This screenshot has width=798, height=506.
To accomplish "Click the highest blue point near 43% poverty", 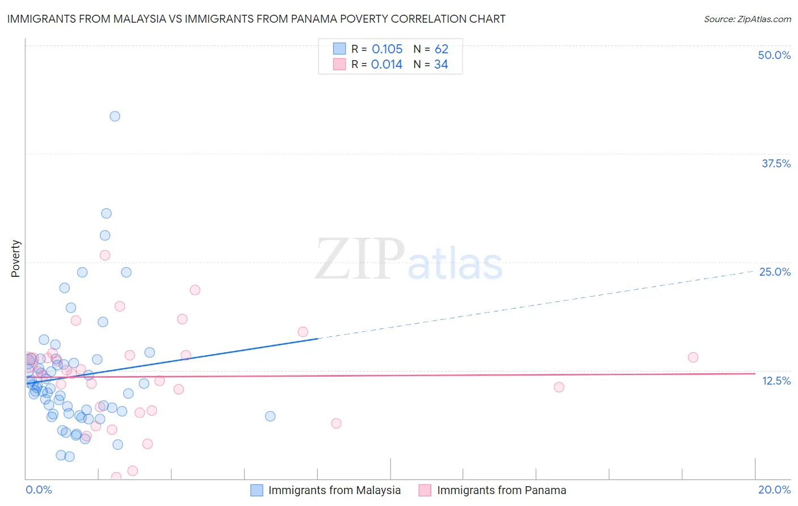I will pos(115,116).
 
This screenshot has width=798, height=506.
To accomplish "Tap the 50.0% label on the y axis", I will pos(774,55).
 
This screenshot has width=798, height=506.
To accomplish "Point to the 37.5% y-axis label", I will pos(776,163).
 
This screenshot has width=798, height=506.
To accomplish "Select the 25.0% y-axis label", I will pos(775,272).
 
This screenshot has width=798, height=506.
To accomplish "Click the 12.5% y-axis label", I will pos(776,381).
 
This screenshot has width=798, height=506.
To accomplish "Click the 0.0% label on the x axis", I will pos(39,490).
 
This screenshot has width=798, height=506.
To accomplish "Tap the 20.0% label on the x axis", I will pos(774,490).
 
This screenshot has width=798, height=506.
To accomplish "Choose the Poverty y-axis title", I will pos(15,259).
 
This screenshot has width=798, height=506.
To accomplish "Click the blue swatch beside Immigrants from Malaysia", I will pos(257,490).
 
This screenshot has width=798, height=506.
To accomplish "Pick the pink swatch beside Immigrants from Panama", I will pos(425,490).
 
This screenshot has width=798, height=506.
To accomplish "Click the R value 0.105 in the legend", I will pos(387,49).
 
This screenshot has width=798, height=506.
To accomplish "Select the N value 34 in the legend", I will pos(441,65).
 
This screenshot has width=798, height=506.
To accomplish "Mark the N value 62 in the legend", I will pos(441,49).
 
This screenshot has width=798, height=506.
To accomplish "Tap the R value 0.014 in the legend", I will pos(387,65).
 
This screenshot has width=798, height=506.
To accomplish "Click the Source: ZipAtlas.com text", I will pos(747,19).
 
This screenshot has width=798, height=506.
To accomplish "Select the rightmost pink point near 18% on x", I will pos(692,357).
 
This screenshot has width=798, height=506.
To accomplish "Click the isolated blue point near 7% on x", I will pos(270,416).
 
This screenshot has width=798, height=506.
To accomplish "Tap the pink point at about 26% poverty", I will pos(105,255).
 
